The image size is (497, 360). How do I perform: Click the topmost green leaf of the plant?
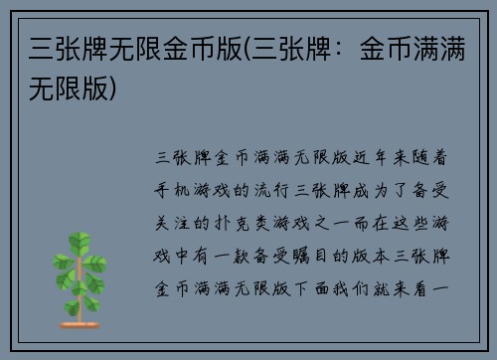tap(79, 240)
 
